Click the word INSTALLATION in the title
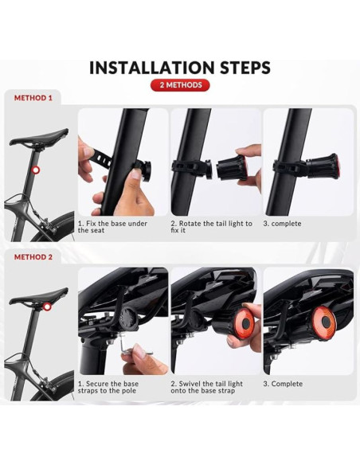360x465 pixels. (x=151, y=68)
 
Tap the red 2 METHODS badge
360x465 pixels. (x=180, y=85)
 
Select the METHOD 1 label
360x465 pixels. (x=33, y=98)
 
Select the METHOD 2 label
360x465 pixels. (x=33, y=257)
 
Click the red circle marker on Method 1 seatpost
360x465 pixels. (x=36, y=170)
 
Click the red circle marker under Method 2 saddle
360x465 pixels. (x=47, y=307)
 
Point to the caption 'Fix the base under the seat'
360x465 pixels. (x=112, y=227)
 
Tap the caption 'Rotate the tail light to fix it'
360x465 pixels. (x=211, y=227)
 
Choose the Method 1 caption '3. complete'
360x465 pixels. (x=282, y=224)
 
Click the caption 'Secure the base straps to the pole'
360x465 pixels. (x=108, y=387)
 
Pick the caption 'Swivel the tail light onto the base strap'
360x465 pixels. (x=207, y=387)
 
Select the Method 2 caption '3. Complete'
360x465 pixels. (x=283, y=384)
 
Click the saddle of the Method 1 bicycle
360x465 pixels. (x=39, y=137)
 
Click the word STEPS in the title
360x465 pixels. (x=245, y=68)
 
